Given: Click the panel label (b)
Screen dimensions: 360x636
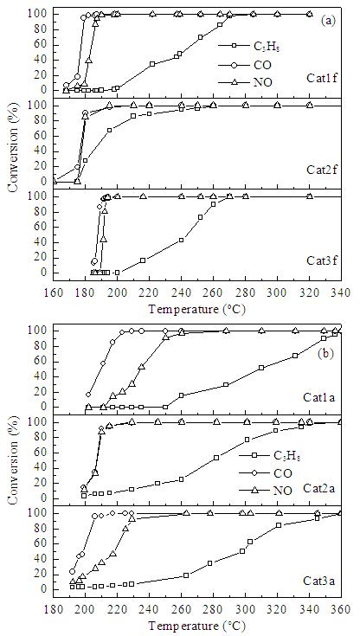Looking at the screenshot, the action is pyautogui.click(x=326, y=354).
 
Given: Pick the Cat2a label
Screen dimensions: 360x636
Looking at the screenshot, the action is pyautogui.click(x=317, y=485).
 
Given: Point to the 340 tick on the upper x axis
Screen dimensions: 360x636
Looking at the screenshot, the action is pyautogui.click(x=341, y=293).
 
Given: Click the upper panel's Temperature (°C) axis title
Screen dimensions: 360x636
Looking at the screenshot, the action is pyautogui.click(x=196, y=310).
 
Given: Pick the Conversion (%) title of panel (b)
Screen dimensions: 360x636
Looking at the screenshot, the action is pyautogui.click(x=15, y=459).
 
